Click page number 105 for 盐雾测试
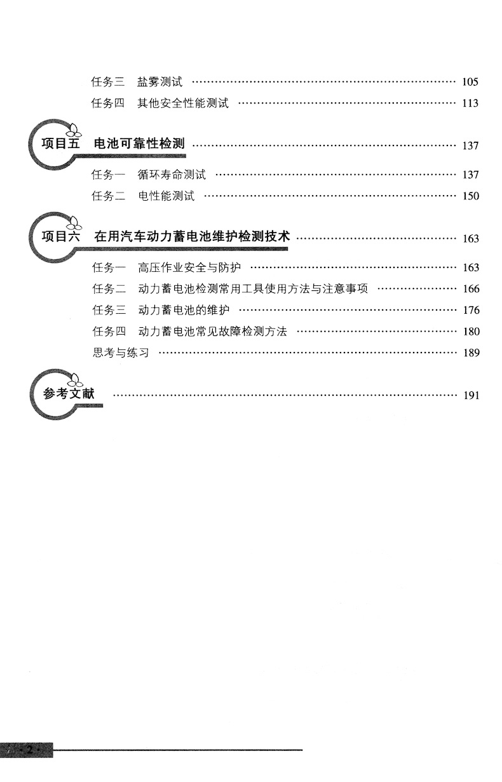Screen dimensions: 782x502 (470, 82)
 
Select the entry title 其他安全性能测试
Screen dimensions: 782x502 (183, 103)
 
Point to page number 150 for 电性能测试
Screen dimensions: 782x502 (471, 196)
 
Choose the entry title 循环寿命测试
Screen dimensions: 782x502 (172, 175)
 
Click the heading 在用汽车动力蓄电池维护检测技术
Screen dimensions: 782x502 (192, 237)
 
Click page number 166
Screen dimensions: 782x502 (471, 289)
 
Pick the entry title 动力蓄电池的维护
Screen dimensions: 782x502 (184, 310)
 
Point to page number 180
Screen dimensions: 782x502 (471, 332)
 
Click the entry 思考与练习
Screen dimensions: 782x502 (121, 353)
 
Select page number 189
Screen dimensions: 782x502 (471, 353)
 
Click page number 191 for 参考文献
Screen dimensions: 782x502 (471, 395)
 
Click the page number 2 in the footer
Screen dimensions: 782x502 (29, 750)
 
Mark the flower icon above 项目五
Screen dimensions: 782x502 (74, 127)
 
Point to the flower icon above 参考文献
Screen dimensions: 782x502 (75, 377)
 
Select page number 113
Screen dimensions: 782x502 (470, 104)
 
